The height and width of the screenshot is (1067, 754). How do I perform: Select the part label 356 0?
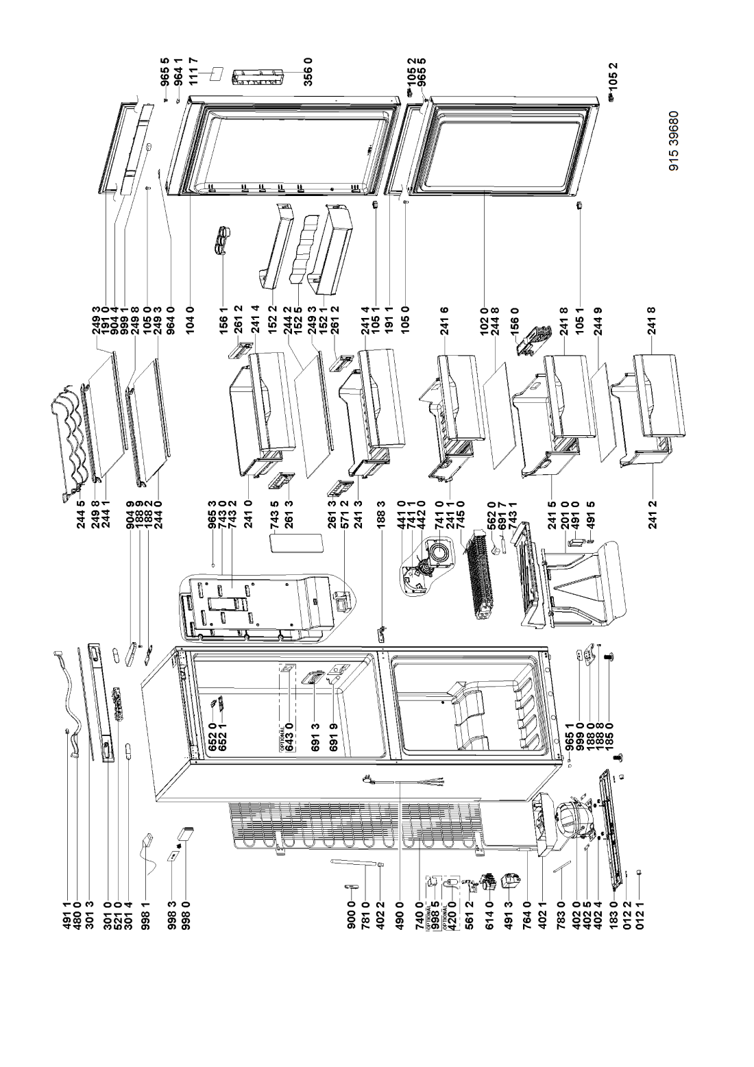[308, 71]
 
